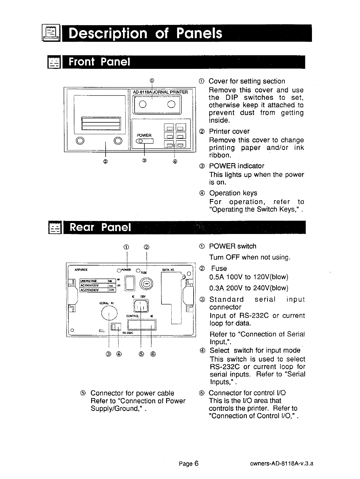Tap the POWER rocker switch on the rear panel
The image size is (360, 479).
pyautogui.click(x=130, y=283)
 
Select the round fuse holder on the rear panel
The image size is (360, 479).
pyautogui.click(x=146, y=284)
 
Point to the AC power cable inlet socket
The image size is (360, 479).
pyautogui.click(x=141, y=305)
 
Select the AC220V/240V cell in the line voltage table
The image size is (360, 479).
pyautogui.click(x=93, y=290)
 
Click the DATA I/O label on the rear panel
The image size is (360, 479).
pyautogui.click(x=168, y=270)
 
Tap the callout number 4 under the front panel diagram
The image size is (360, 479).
pyautogui.click(x=175, y=161)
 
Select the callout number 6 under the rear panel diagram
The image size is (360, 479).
pyautogui.click(x=153, y=354)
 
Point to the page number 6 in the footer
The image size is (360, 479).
pyautogui.click(x=196, y=464)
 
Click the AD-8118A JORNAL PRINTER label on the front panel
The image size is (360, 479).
pyautogui.click(x=160, y=92)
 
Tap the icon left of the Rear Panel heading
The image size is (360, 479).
pyautogui.click(x=54, y=228)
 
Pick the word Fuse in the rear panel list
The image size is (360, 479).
pyautogui.click(x=219, y=268)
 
